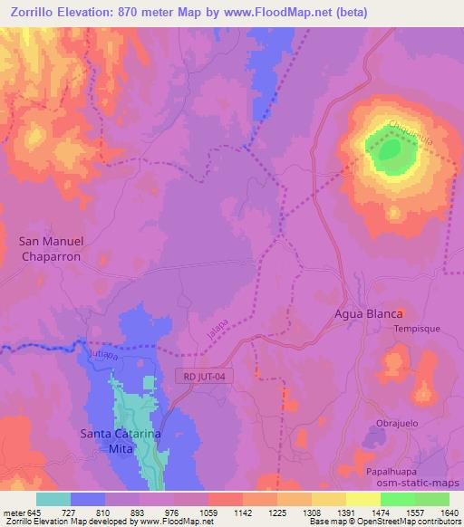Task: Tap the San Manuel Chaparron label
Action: pyautogui.click(x=51, y=248)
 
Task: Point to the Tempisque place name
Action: pyautogui.click(x=415, y=330)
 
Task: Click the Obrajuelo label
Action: pyautogui.click(x=400, y=424)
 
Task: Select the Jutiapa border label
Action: pyautogui.click(x=100, y=356)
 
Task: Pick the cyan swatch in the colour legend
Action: pyautogui.click(x=53, y=499)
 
